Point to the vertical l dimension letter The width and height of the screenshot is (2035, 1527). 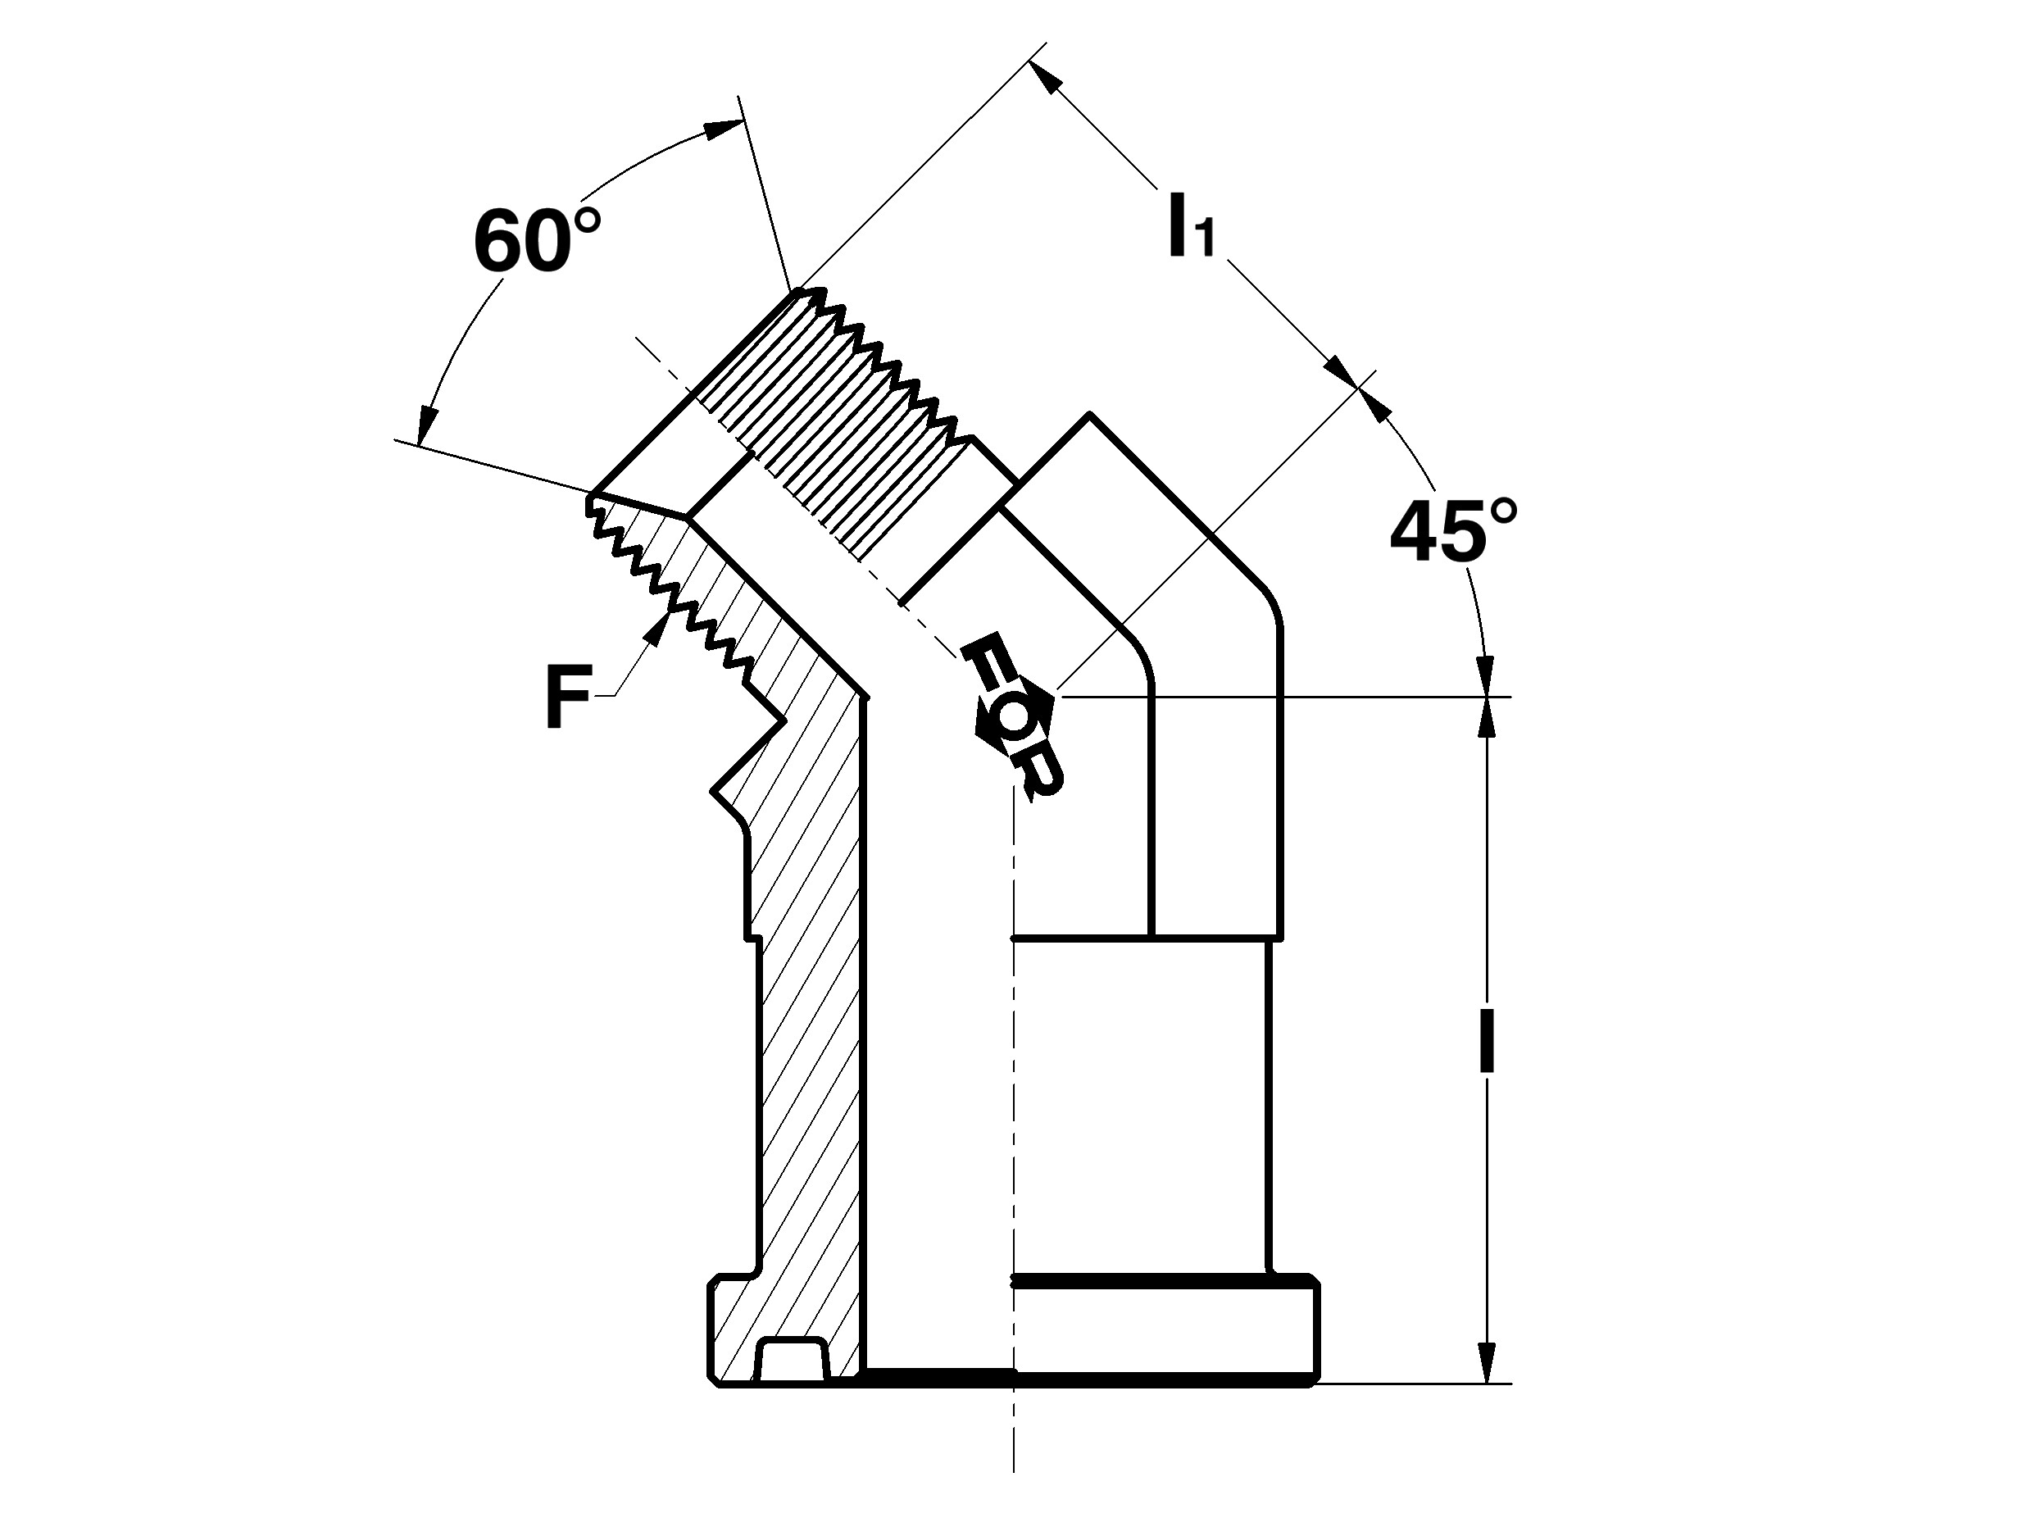click(1486, 1043)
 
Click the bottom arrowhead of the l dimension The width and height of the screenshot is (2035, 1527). click(1486, 1361)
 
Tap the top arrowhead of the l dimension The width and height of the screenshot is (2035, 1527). click(1486, 720)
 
